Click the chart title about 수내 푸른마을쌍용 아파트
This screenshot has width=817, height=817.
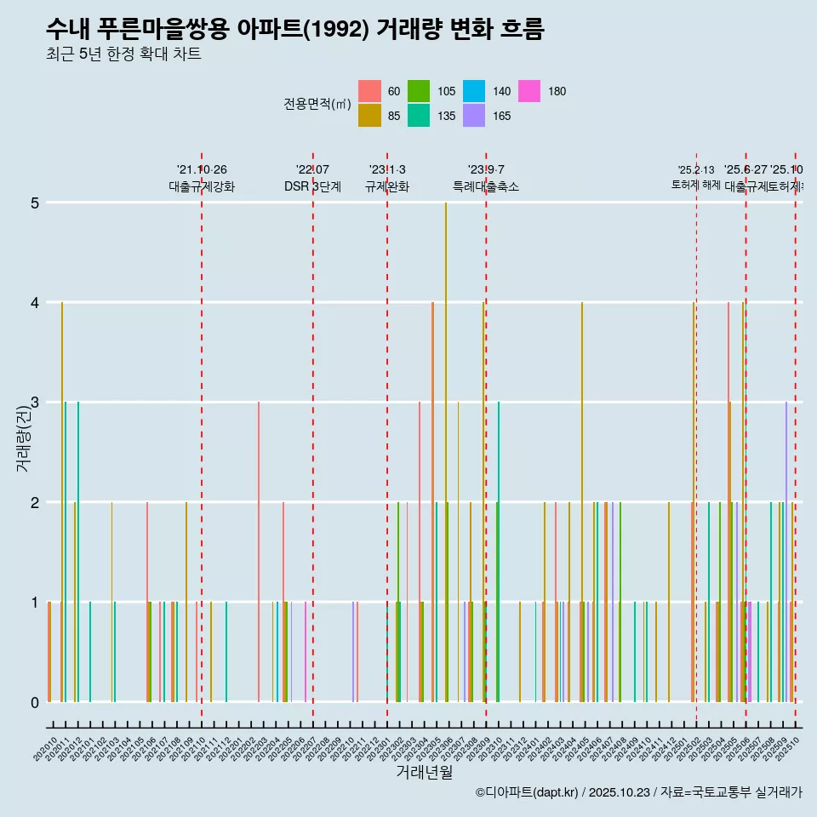click(x=294, y=29)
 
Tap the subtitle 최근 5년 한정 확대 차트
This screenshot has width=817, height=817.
click(x=123, y=54)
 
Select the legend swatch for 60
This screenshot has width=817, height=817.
click(x=369, y=91)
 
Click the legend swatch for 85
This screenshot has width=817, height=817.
click(x=369, y=116)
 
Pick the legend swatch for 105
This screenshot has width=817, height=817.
click(x=419, y=91)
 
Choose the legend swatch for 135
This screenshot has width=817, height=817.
click(x=419, y=116)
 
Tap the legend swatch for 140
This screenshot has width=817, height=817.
click(x=474, y=91)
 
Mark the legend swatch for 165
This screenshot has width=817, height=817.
click(x=474, y=116)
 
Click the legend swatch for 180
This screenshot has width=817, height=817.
click(x=529, y=91)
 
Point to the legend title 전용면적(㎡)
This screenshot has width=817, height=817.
click(x=317, y=104)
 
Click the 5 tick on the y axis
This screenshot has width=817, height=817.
click(x=35, y=203)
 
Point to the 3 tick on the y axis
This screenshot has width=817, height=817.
click(x=35, y=403)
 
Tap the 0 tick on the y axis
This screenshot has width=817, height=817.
click(x=35, y=702)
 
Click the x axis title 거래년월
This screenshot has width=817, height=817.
click(x=424, y=772)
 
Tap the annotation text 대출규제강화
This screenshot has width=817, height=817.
click(x=202, y=186)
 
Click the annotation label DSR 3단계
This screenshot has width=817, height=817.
click(x=312, y=186)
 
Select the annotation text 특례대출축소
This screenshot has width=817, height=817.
click(x=485, y=186)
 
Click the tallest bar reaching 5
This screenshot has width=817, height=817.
click(x=446, y=451)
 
